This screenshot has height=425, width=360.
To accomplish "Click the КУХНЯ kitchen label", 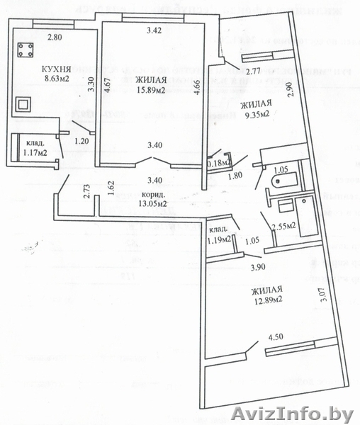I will click(57, 69).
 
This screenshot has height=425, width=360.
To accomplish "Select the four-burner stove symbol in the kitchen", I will click(27, 51).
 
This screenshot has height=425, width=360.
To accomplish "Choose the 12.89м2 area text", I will click(266, 300).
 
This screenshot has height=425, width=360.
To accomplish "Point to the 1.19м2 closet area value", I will click(220, 239).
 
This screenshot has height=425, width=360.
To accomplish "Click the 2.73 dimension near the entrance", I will click(86, 191).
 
